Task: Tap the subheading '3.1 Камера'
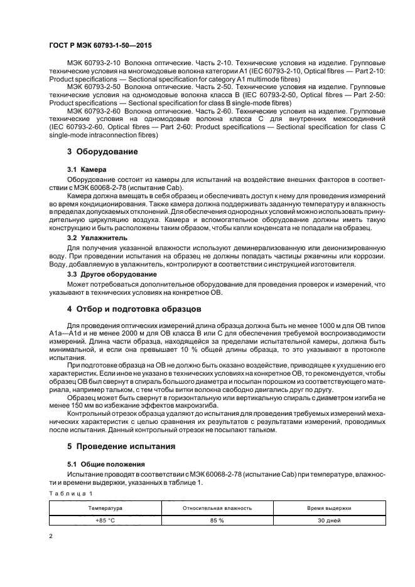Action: point(87,169)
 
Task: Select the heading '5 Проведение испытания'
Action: point(119,447)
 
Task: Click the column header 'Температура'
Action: point(105,507)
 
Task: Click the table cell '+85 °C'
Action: point(105,519)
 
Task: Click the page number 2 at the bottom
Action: point(51,537)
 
